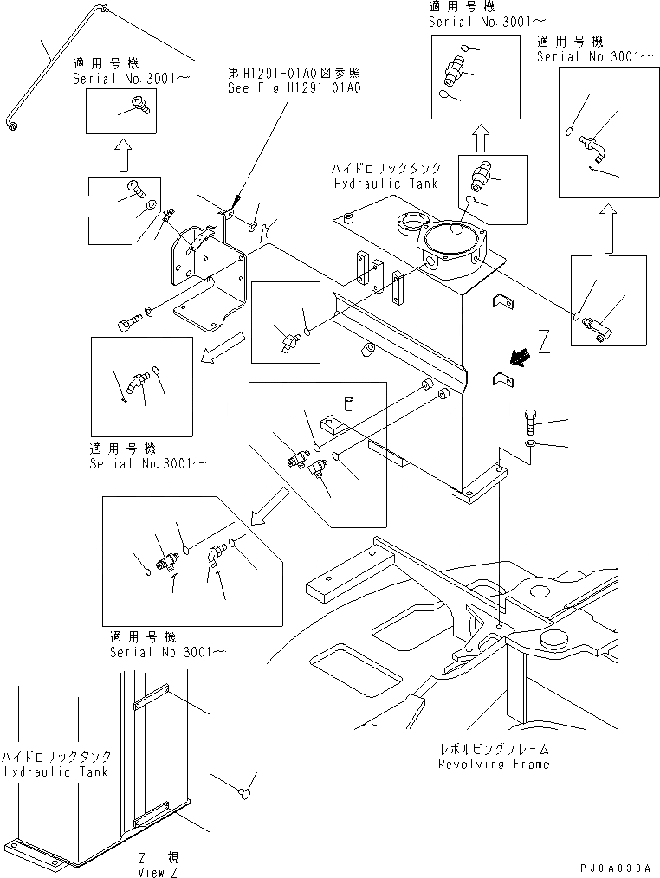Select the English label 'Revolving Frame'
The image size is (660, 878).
pyautogui.click(x=494, y=764)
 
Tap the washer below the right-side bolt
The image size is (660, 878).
pyautogui.click(x=531, y=445)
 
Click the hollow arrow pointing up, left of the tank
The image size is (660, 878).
pyautogui.click(x=124, y=155)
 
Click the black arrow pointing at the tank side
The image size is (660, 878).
pyautogui.click(x=521, y=357)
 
